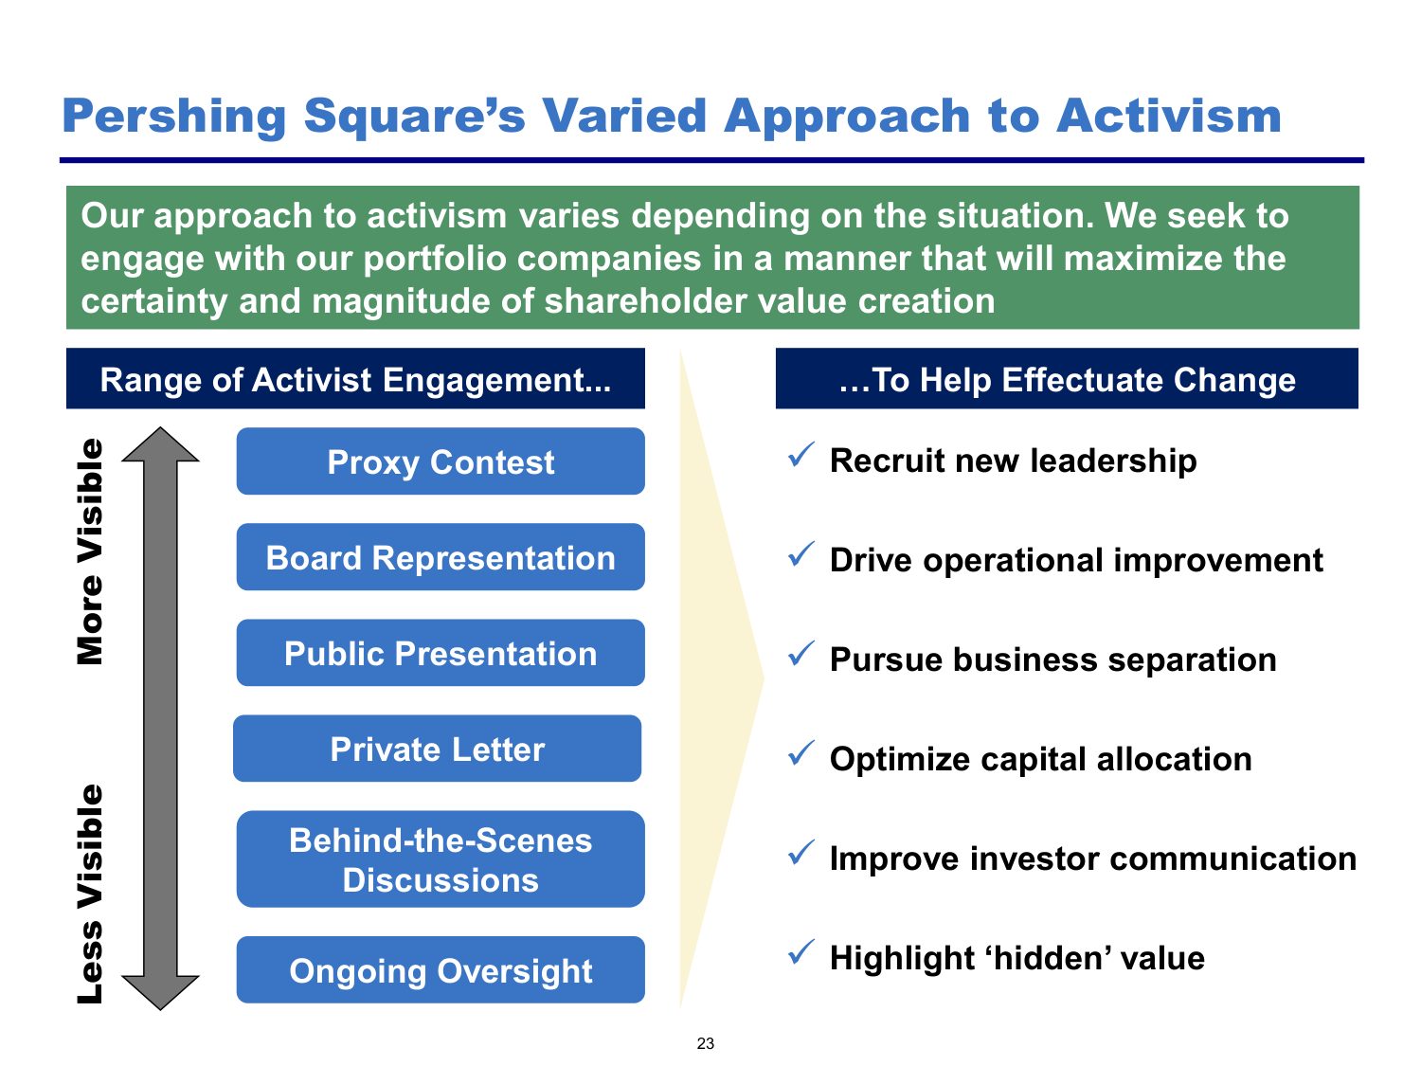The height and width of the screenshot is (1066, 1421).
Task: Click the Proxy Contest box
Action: click(x=441, y=461)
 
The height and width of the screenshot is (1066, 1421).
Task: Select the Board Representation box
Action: click(x=441, y=556)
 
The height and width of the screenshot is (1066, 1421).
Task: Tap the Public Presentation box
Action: click(x=441, y=653)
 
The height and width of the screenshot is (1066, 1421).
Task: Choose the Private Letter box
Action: click(x=437, y=749)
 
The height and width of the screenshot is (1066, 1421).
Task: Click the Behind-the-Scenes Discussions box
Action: click(x=441, y=858)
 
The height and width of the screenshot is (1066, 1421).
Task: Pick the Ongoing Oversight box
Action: click(x=441, y=969)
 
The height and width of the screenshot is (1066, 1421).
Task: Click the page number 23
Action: click(x=706, y=1043)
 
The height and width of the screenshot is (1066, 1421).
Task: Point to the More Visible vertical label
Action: click(x=90, y=551)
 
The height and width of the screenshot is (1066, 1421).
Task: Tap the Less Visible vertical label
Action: click(x=90, y=894)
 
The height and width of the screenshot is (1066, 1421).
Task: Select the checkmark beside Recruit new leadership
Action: click(x=801, y=455)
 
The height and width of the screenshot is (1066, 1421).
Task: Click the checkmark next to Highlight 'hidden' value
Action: click(x=801, y=951)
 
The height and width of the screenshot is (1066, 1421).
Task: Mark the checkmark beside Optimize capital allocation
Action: click(x=801, y=752)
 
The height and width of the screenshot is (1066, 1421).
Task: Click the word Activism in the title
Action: click(x=1168, y=116)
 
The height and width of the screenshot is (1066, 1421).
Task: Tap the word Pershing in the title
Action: click(x=174, y=117)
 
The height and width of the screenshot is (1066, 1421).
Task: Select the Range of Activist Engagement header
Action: click(x=355, y=379)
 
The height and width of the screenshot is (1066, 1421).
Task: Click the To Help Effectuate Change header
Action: click(x=1067, y=379)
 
